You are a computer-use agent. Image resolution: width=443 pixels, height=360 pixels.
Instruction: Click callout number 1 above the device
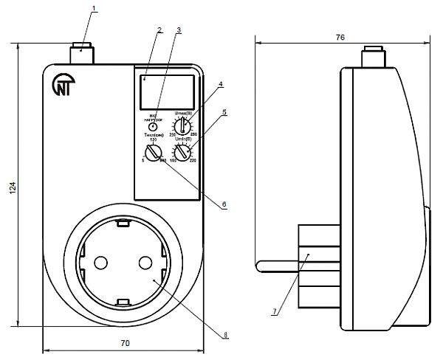point(94,9)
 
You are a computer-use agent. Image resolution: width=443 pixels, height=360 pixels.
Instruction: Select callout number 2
point(159,30)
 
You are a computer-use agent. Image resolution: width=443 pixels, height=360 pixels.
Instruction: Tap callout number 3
point(179,30)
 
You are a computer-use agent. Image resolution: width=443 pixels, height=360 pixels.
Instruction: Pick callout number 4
point(220,84)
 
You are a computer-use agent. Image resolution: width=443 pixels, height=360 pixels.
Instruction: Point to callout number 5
point(224,113)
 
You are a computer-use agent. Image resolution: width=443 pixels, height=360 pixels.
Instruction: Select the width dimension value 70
point(125,343)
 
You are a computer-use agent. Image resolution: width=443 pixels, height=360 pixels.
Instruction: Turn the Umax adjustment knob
point(182,125)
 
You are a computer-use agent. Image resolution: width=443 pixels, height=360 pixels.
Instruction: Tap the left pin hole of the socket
point(103,262)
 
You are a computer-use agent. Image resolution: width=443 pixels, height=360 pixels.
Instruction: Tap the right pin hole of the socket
point(145,262)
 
